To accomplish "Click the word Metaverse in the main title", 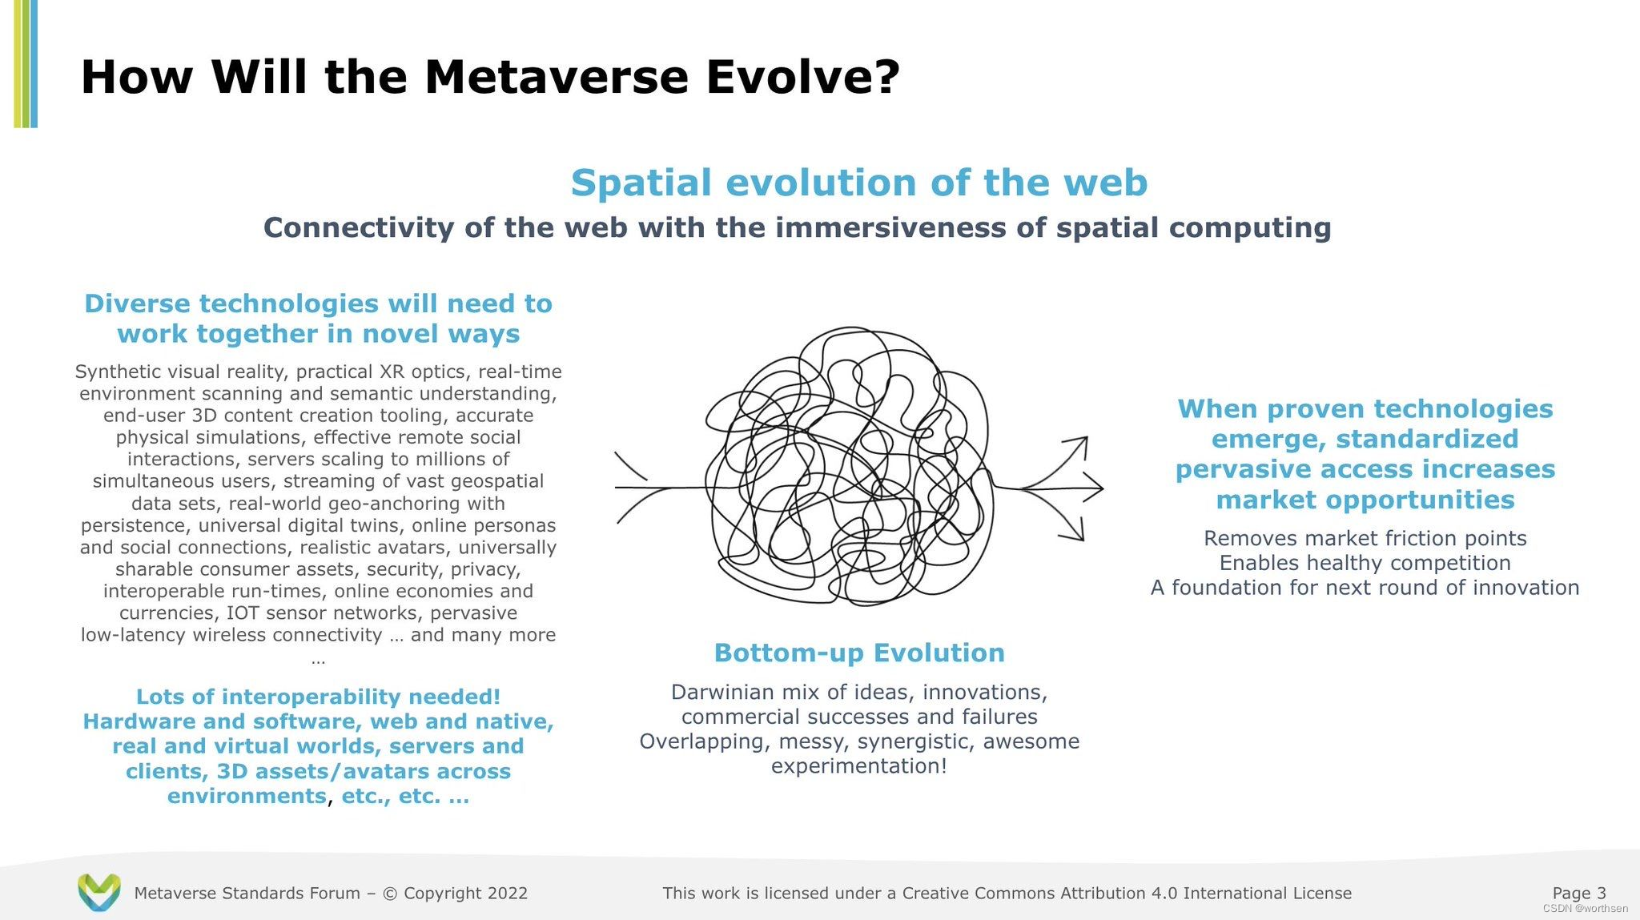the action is click(557, 78).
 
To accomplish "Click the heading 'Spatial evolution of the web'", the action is click(859, 183).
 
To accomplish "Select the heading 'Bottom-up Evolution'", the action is click(859, 653).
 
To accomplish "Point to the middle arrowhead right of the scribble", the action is click(1093, 488).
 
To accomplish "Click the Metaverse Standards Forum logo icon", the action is click(99, 892).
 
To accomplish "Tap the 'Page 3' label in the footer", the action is click(1579, 893).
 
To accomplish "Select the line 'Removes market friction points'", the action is click(1365, 538).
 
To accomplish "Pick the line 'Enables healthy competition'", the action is click(1365, 563).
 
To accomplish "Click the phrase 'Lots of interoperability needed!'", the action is click(318, 697).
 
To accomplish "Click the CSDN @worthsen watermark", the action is click(1585, 909).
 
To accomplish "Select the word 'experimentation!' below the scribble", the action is click(859, 766).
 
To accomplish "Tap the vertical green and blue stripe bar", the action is click(26, 64).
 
